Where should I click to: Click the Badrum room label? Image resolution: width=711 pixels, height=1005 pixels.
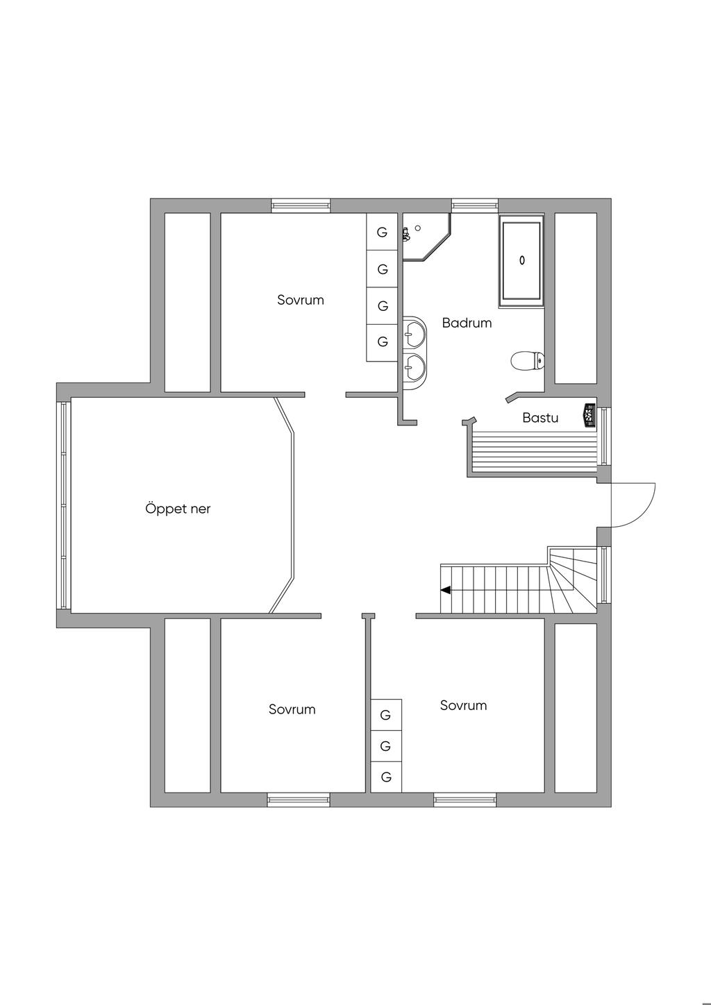(x=467, y=323)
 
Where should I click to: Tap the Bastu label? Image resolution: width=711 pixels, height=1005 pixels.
(x=540, y=418)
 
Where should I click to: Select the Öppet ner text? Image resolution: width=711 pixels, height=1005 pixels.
(x=178, y=509)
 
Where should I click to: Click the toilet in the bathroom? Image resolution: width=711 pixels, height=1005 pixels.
(x=527, y=361)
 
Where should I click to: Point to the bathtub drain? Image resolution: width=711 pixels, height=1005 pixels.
(x=521, y=260)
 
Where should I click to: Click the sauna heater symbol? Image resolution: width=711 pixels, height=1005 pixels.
(x=589, y=414)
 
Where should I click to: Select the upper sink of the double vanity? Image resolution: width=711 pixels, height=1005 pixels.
(x=415, y=333)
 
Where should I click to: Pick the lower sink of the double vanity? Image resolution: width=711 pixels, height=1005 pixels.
(x=415, y=367)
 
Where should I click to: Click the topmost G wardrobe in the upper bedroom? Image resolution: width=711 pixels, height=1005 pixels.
(x=382, y=233)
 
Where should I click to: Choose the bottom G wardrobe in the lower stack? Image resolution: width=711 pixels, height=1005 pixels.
(x=386, y=777)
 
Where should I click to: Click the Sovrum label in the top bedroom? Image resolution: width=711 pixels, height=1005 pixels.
(x=301, y=300)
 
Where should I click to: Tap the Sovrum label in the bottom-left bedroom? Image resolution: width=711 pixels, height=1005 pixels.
(x=292, y=709)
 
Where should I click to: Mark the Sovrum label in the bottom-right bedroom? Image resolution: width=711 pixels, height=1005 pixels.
(x=463, y=705)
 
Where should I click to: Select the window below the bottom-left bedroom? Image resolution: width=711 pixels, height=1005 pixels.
(x=299, y=800)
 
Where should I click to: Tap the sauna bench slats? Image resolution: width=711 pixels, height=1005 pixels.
(x=533, y=450)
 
